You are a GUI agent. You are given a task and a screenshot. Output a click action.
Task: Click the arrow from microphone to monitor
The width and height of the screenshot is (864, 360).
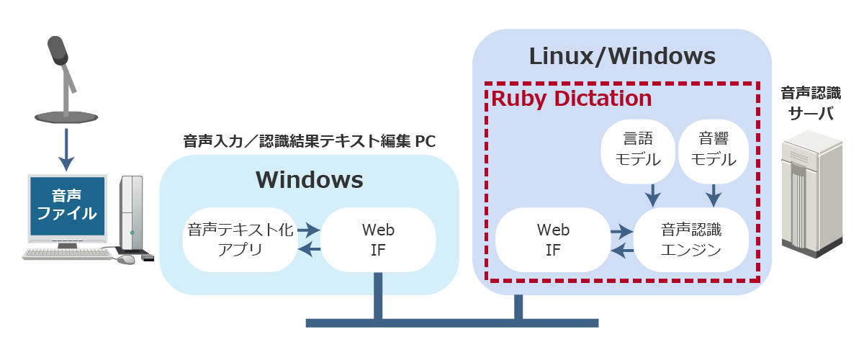pos(66,148)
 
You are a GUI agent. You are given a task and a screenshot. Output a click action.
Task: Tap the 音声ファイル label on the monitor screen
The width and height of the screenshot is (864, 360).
pos(66,204)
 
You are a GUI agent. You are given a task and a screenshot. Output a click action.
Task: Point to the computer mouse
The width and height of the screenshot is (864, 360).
pos(126,258)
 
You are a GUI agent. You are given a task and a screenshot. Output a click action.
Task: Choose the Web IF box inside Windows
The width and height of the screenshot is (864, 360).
pos(378,240)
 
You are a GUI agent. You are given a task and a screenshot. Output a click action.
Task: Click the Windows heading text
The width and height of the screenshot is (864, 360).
pos(309,179)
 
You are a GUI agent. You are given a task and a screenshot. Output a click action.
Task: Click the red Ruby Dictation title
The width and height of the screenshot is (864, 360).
pos(572,99)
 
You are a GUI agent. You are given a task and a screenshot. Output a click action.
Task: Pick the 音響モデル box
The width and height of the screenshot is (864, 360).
pos(713,149)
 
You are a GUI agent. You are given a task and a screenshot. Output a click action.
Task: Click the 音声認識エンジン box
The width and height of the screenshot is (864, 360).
pos(690,240)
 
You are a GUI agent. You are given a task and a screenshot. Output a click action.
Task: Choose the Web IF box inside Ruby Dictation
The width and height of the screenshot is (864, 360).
pos(553,240)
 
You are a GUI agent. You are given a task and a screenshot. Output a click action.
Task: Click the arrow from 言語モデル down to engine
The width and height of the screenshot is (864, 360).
pos(652,193)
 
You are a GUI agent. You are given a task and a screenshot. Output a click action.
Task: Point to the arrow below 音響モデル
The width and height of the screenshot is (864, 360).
pos(713,193)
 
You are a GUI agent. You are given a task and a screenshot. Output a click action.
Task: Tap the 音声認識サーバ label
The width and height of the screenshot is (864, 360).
pos(811,102)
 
